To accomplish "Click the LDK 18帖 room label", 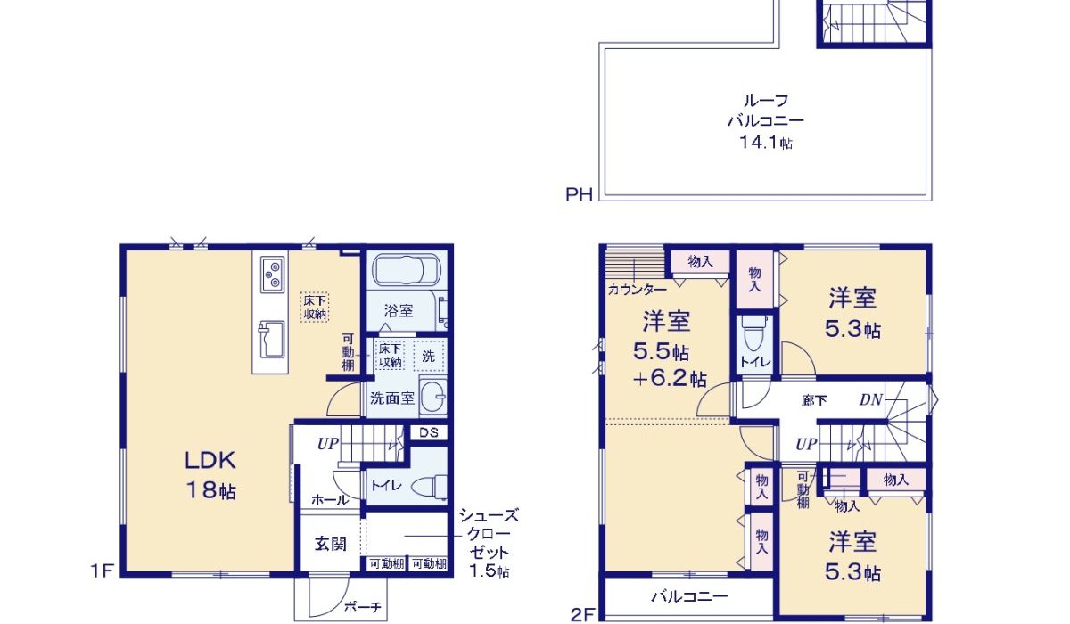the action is (x=210, y=475).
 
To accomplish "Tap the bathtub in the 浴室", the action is (x=406, y=270).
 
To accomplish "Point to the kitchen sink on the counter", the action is (x=270, y=340).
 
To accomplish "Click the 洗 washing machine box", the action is (x=429, y=355).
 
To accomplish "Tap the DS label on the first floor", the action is (x=429, y=432).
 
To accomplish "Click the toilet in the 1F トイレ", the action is (x=429, y=487).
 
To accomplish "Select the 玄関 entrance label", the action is (x=331, y=543).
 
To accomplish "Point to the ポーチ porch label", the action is (x=363, y=607).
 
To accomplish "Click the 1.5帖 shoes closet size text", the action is (x=490, y=571).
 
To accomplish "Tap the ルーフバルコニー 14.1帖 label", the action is (x=766, y=121).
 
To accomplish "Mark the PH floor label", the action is (x=579, y=195).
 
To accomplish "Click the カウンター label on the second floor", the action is (x=638, y=290).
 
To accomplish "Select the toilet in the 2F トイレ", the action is (x=753, y=333).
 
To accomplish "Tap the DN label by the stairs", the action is (x=871, y=399).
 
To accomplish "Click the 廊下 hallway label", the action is (x=814, y=400).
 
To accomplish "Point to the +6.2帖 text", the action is (x=670, y=379).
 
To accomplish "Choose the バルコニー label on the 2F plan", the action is (x=690, y=596).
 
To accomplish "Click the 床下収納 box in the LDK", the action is (x=315, y=307).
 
